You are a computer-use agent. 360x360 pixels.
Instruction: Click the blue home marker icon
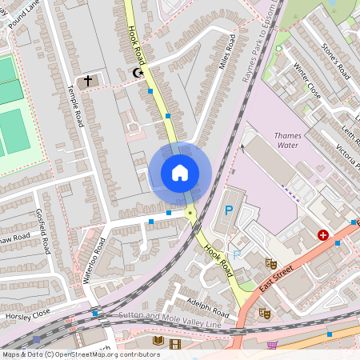point(180,173)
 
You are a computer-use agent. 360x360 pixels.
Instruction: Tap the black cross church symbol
point(89,81)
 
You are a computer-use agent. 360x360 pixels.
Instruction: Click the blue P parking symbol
point(228,211)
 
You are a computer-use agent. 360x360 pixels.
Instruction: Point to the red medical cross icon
point(323,235)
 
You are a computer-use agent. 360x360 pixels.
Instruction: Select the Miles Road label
point(226,53)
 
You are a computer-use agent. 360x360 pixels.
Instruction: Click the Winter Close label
point(307,80)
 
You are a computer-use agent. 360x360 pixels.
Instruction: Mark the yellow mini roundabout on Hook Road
point(190,213)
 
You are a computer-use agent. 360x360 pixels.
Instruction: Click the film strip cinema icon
point(175,343)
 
